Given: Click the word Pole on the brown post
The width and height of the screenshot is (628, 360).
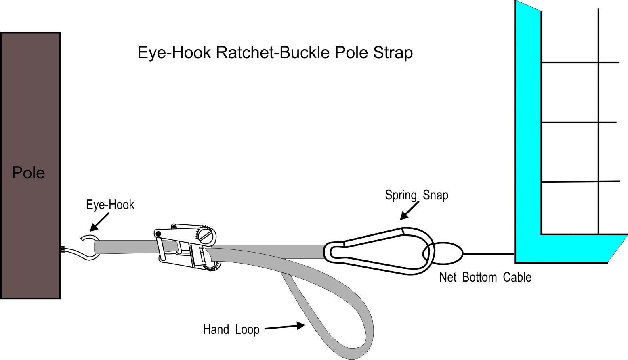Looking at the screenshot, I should [x=28, y=173].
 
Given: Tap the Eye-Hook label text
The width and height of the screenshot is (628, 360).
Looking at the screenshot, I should [x=110, y=205].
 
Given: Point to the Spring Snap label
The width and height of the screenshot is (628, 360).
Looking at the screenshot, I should [x=416, y=195].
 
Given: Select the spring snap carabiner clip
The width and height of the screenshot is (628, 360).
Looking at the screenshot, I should [x=378, y=251].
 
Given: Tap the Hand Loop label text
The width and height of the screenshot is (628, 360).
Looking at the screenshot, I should [x=231, y=329].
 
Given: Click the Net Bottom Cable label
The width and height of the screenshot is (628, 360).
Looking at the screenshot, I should [x=485, y=277].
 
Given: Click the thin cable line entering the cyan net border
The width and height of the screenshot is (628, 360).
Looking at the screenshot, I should [x=489, y=254].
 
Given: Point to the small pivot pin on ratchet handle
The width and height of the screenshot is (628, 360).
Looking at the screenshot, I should [x=158, y=234].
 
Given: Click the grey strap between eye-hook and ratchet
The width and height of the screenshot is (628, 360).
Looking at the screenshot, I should [x=125, y=246].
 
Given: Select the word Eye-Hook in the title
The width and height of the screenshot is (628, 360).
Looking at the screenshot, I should [x=174, y=53].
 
